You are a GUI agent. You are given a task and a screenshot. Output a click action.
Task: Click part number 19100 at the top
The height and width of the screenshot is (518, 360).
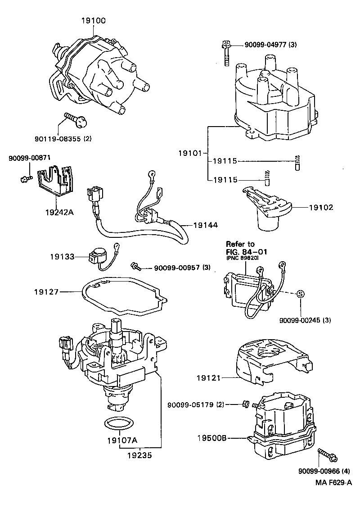tap(94, 20)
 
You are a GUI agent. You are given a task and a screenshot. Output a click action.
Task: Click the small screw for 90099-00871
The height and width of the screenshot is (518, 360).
tap(26, 179)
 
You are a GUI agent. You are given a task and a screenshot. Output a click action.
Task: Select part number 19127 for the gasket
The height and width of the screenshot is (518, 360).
tap(46, 292)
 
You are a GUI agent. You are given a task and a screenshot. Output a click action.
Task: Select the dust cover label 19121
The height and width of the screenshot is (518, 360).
tap(208, 378)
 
